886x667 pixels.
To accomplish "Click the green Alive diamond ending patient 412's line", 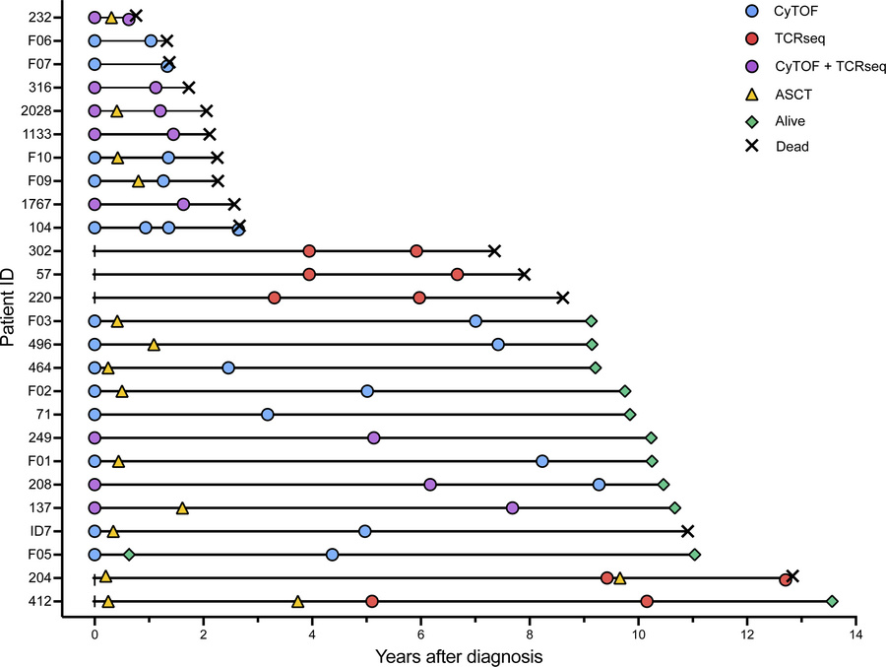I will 832,601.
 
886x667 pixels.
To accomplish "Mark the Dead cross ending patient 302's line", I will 494,251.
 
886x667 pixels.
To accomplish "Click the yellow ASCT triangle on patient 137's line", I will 182,507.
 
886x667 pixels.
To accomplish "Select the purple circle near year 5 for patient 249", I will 373,437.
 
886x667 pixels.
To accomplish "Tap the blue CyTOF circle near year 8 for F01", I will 542,461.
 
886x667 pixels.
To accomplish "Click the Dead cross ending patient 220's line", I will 563,298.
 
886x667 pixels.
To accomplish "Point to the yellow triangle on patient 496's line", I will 154,344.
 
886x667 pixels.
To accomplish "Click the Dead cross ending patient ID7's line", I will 688,531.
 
